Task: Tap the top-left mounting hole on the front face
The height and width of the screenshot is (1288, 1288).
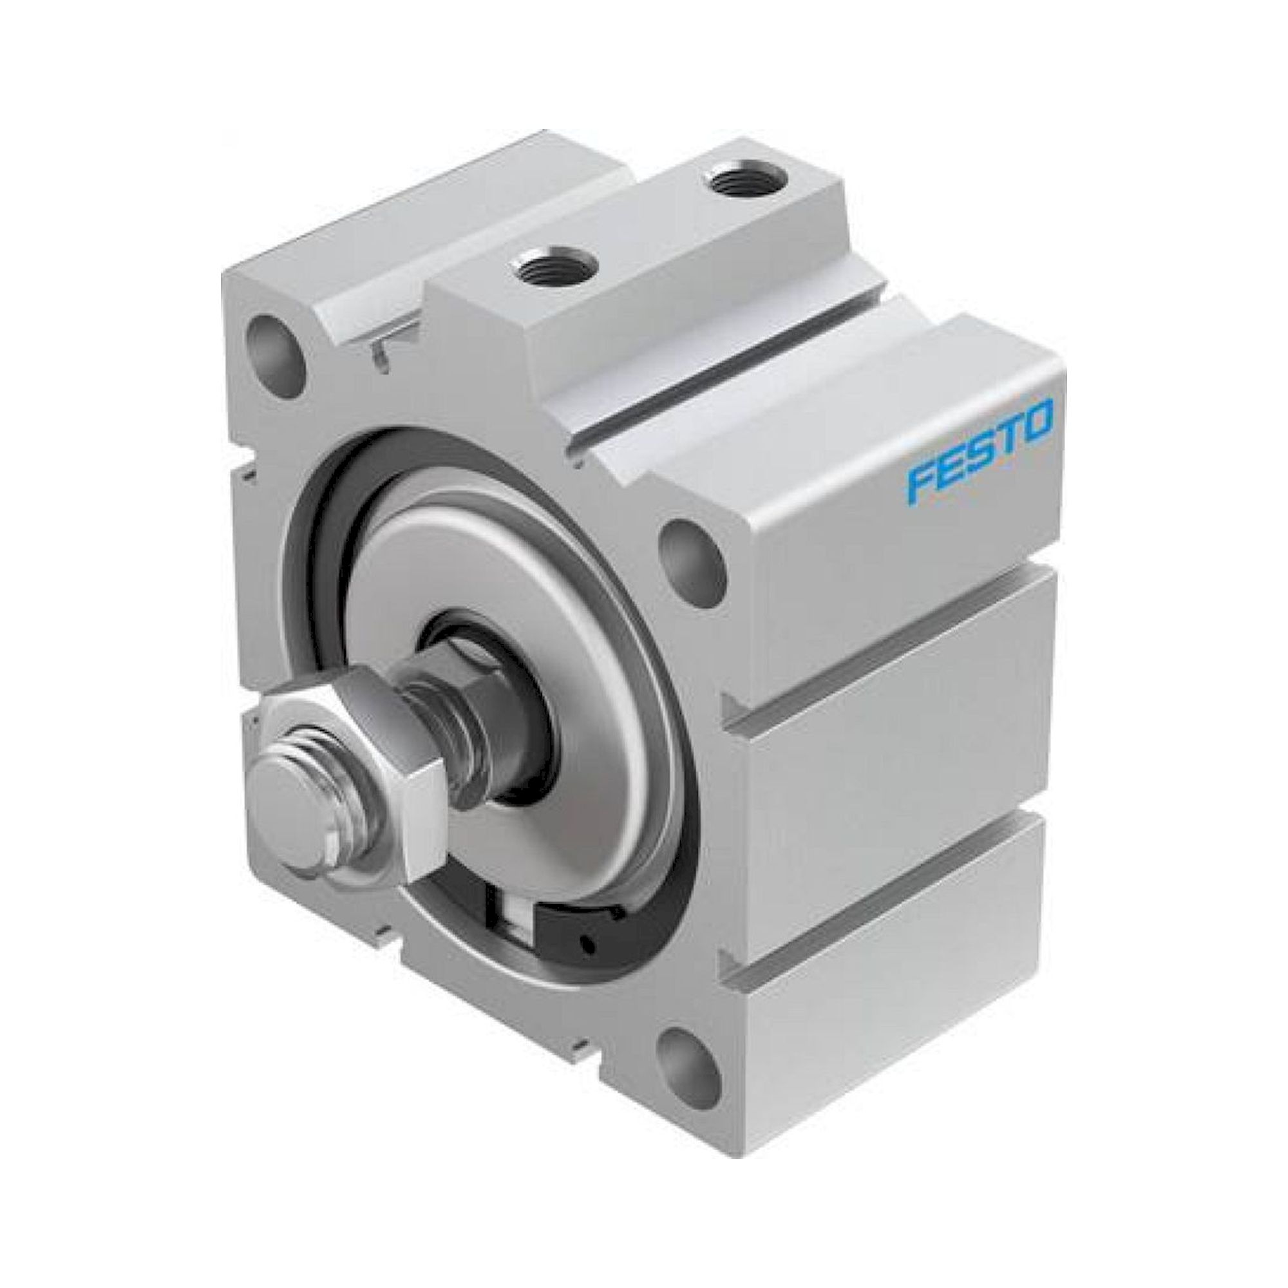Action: (x=276, y=345)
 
